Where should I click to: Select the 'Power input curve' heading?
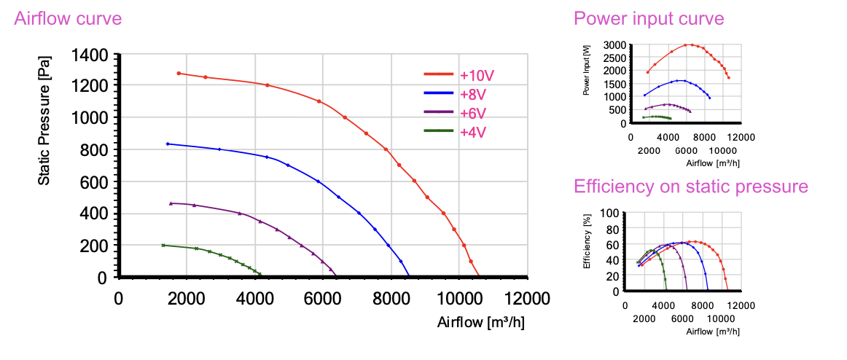[649, 18]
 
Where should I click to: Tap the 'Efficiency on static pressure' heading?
[691, 187]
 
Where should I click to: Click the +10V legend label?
[472, 74]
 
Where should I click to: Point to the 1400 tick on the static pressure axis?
[91, 55]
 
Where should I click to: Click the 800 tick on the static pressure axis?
[95, 150]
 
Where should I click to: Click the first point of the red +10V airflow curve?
[179, 74]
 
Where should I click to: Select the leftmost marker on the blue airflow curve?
[168, 144]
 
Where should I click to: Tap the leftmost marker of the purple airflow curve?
[171, 203]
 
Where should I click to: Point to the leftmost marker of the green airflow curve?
[163, 245]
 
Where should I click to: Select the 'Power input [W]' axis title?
[587, 71]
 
